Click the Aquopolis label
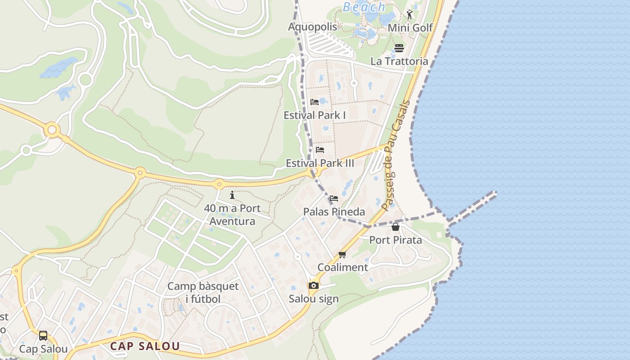(x=312, y=27)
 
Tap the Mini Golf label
(x=410, y=28)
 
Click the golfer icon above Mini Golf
(x=409, y=14)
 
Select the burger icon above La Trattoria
(x=399, y=48)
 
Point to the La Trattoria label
(x=399, y=61)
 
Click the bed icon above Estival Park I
(x=315, y=102)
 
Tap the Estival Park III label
(x=320, y=163)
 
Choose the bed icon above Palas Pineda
(x=333, y=198)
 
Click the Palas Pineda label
(x=334, y=211)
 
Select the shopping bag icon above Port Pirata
(x=396, y=227)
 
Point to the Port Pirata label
(x=396, y=240)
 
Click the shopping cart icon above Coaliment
(x=342, y=255)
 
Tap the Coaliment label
(x=342, y=267)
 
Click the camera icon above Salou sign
(x=314, y=285)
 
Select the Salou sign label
(x=314, y=299)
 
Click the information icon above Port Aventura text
(x=232, y=195)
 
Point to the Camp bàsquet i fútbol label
(x=203, y=292)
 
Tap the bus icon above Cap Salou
(x=43, y=336)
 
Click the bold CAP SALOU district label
(x=145, y=346)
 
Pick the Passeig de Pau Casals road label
(x=396, y=155)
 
